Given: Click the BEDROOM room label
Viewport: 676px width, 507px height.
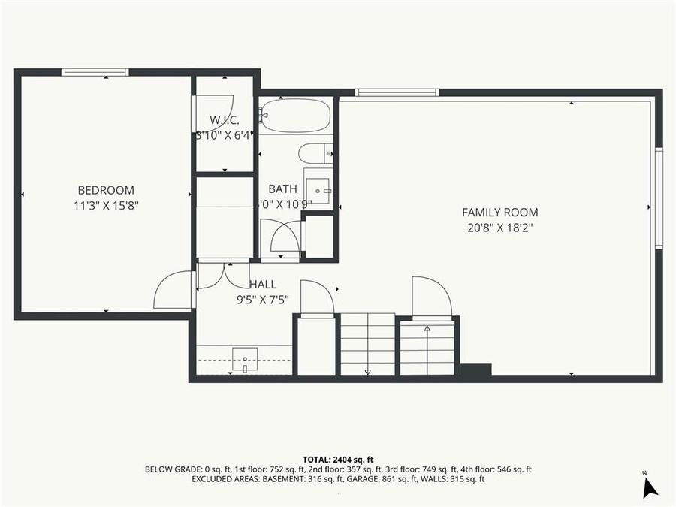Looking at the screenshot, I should click(x=106, y=190).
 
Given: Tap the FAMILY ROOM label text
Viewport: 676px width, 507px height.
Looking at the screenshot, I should click(x=499, y=213).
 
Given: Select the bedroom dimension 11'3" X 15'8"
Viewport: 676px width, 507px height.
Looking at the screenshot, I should click(x=106, y=205).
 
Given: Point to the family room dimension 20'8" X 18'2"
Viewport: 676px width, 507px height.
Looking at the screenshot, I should click(x=499, y=228).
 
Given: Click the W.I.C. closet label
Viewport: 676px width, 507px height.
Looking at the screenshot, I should click(x=225, y=120).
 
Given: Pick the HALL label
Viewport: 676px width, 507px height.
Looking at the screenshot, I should click(x=263, y=285).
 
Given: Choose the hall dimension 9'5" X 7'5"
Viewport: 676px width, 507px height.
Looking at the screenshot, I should click(x=263, y=300).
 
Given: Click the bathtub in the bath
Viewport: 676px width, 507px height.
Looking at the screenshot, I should click(x=295, y=116).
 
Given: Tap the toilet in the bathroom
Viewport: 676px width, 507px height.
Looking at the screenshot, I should click(x=315, y=153).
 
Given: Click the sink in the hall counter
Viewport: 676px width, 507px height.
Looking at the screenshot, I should click(x=245, y=359).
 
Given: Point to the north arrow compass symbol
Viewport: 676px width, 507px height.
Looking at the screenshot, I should click(x=649, y=487).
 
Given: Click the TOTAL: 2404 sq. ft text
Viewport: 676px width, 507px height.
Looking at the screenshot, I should click(x=337, y=459).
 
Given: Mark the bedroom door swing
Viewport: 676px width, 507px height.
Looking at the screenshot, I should click(x=173, y=291).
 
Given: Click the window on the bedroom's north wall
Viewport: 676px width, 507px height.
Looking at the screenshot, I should click(x=95, y=72).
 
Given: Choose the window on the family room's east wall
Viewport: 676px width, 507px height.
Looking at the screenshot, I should click(x=659, y=198).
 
